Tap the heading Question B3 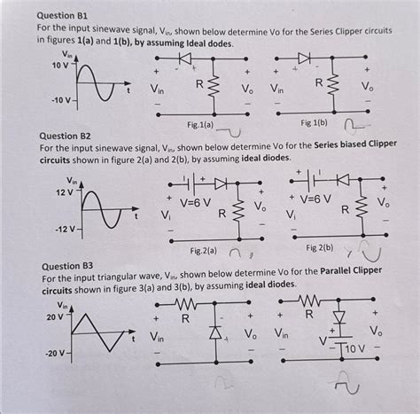(x=61, y=266)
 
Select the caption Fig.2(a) (x=206, y=251)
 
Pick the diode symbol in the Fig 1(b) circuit (x=304, y=59)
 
